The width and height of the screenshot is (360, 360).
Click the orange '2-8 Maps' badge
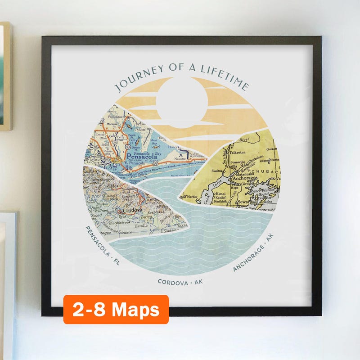tap(116, 310)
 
